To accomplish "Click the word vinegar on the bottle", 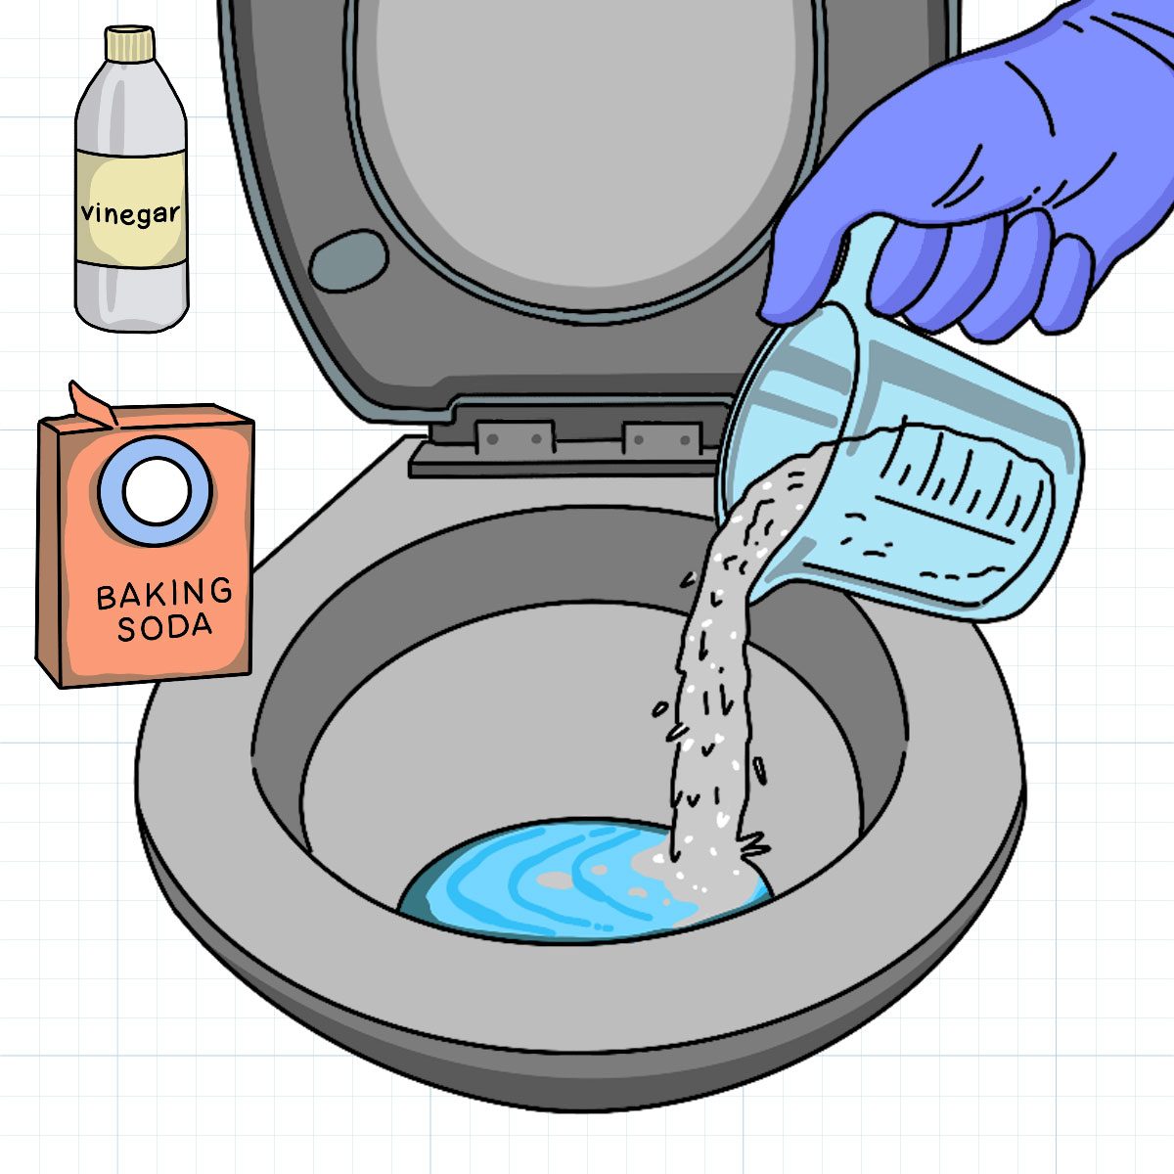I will (131, 213).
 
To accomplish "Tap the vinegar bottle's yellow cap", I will (130, 43).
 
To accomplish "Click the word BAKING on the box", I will (164, 593).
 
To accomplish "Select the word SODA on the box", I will (164, 627).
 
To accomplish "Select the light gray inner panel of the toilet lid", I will (587, 147).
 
